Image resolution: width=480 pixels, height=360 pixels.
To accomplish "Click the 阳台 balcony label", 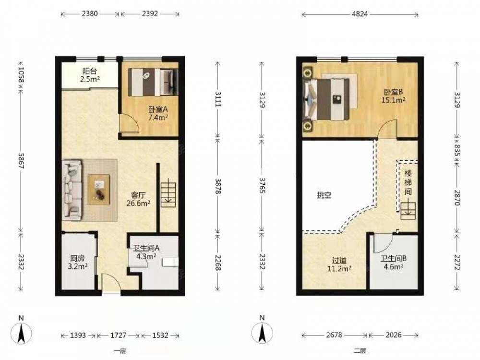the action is click(90, 71).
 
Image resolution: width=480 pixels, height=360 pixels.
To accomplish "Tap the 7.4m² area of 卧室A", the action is click(158, 117).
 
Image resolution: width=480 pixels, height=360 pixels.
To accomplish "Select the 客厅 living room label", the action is click(138, 195).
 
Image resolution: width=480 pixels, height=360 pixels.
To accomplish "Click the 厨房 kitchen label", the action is click(77, 258).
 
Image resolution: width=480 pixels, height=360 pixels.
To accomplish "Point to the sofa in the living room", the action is click(72, 190).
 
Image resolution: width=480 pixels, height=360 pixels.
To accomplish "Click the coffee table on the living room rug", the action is click(99, 190).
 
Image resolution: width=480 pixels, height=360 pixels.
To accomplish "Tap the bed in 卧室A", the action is click(153, 82).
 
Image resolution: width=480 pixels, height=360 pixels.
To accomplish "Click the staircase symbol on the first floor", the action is click(168, 195).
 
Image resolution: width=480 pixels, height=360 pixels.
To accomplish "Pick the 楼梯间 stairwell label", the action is click(408, 182).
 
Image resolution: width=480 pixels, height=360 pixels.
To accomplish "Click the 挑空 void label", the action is click(324, 195).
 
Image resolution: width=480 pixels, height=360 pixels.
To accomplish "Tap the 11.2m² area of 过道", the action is click(339, 269).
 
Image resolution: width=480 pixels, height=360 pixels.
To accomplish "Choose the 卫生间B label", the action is click(394, 259).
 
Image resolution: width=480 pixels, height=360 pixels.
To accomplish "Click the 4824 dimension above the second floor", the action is click(360, 14).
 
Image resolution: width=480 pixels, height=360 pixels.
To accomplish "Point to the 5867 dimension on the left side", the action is click(21, 161).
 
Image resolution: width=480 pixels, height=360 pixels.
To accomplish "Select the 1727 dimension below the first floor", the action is click(118, 335).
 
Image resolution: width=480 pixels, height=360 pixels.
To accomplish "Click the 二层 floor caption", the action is click(360, 351).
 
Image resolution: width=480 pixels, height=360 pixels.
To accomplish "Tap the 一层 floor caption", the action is click(120, 351).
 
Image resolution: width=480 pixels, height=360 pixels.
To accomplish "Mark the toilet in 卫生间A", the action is click(170, 263).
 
